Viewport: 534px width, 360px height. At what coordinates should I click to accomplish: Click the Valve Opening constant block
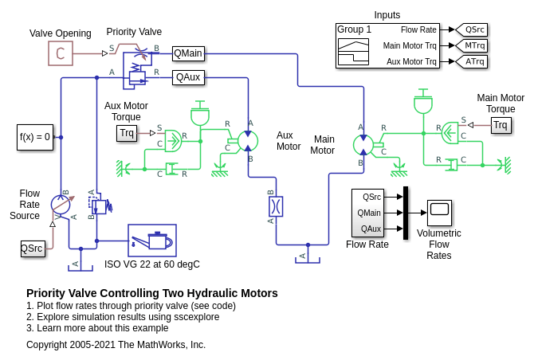point(60,53)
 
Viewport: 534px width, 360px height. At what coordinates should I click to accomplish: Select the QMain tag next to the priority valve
point(188,53)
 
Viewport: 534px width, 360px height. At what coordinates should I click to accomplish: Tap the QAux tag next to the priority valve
point(188,77)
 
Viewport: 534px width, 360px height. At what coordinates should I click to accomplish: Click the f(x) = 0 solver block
point(35,137)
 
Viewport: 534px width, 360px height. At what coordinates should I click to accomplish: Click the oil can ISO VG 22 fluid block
point(152,240)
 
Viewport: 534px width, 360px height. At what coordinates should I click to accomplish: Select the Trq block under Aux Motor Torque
point(127,132)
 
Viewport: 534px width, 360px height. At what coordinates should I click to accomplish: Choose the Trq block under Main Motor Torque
point(501,125)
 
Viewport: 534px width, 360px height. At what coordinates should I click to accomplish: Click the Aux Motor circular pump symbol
point(248,142)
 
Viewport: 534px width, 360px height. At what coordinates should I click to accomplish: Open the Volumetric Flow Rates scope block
point(439,213)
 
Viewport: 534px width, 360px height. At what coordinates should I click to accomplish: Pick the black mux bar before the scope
point(406,213)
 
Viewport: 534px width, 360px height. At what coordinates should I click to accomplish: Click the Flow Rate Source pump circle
point(61,204)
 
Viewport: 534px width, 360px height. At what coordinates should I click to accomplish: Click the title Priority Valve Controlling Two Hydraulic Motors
point(152,293)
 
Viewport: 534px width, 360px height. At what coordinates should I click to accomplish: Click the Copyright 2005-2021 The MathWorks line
point(116,345)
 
